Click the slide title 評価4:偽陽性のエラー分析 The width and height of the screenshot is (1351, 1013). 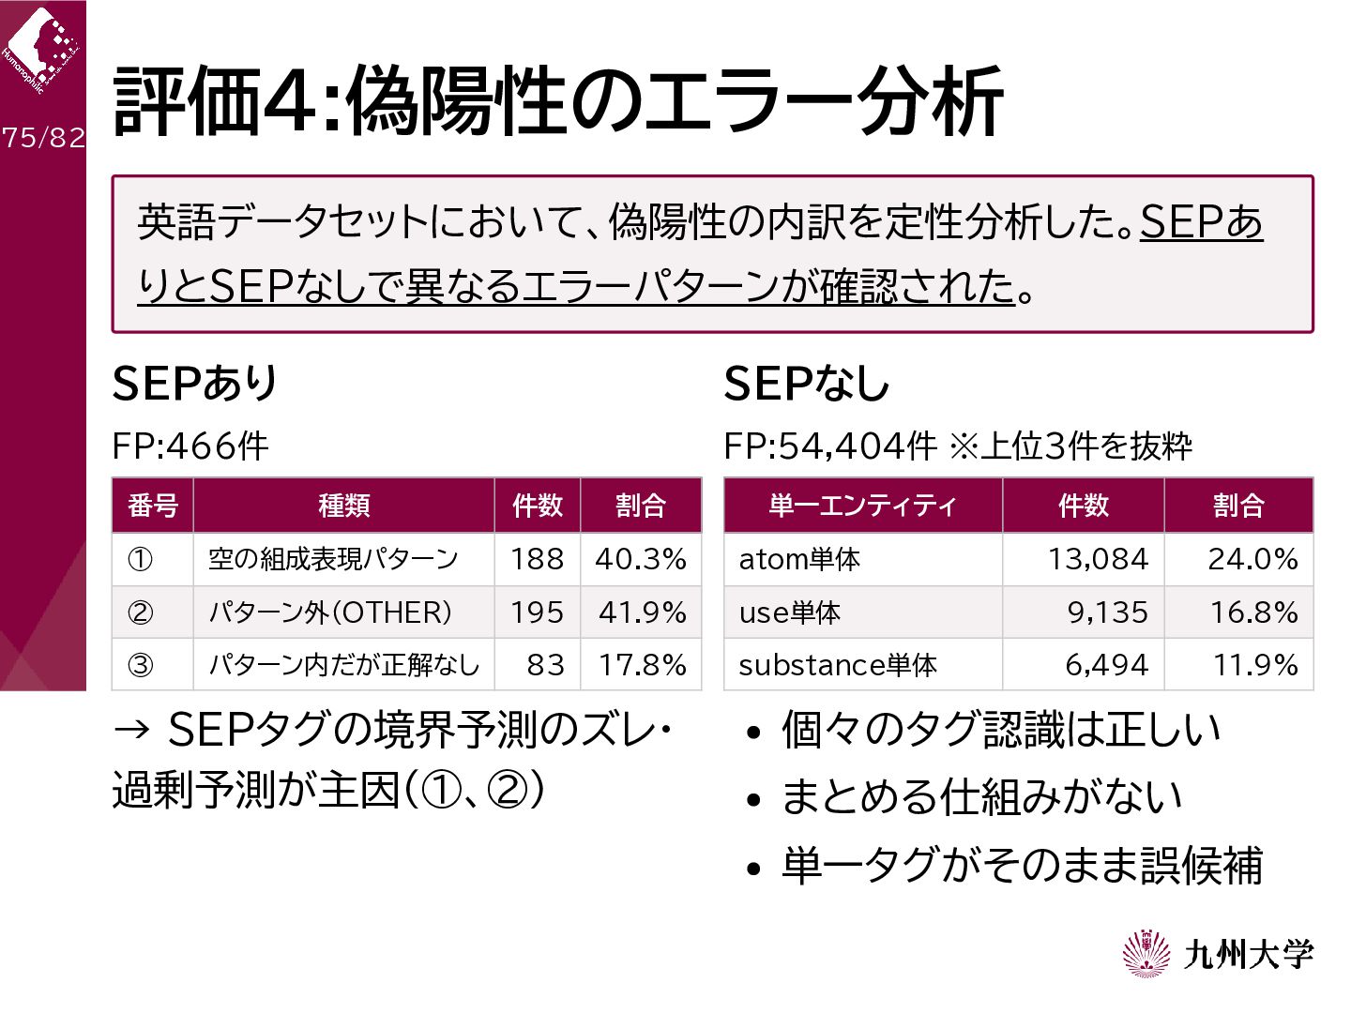pos(557,101)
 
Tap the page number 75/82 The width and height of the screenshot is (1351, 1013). pos(43,138)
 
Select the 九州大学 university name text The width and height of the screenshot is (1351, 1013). pos(1248,955)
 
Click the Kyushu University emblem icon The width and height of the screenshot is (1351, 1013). pos(1146,954)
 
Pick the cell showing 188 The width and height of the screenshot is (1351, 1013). pos(537,559)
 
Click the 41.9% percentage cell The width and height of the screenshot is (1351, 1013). pos(642,612)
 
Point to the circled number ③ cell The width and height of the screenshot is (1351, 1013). pos(140,665)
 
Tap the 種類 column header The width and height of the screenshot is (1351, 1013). pos(343,506)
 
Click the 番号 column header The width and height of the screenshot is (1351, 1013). pos(153,506)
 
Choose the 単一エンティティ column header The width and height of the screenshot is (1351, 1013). pos(862,506)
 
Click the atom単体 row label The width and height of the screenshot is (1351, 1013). pos(799,559)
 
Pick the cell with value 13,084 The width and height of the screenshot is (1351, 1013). pos(1098,559)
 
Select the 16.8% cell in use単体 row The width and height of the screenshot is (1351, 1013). pos(1253,612)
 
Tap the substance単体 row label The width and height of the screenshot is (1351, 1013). pos(838,665)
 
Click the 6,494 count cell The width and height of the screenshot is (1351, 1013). pos(1107,665)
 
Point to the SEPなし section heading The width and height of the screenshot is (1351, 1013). pos(806,384)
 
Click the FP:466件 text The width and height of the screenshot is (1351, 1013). pos(190,446)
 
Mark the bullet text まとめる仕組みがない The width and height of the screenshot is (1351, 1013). pos(981,796)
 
